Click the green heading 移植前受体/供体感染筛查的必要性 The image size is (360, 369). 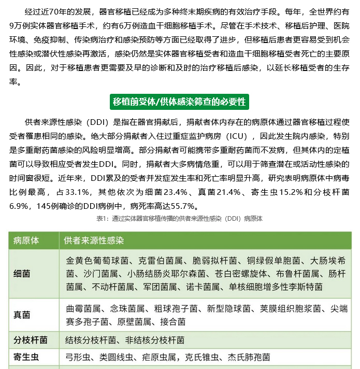[x=179, y=102]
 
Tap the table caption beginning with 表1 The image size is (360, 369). [x=179, y=219]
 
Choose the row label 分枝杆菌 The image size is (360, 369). [x=31, y=340]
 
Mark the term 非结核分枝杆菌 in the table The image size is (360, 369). [x=155, y=340]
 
